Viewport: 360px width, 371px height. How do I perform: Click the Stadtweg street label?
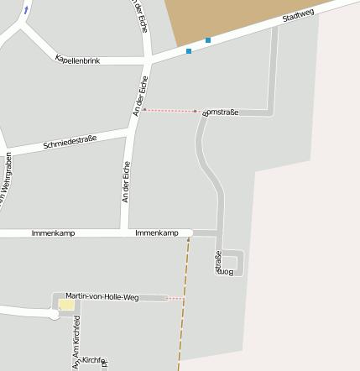pos(298,17)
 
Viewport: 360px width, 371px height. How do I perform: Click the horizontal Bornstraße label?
pos(222,111)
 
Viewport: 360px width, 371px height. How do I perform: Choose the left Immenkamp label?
pos(53,233)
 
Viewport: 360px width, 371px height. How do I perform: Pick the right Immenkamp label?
pos(157,233)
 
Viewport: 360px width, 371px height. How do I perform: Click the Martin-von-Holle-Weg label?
pos(102,297)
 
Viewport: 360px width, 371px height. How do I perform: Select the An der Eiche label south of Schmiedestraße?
pos(127,182)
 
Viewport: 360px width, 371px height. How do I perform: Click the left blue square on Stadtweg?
pos(189,51)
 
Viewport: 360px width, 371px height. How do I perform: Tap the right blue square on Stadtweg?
pos(208,40)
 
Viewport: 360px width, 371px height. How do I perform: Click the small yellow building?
pos(65,306)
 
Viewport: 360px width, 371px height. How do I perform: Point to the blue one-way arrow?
pos(26,10)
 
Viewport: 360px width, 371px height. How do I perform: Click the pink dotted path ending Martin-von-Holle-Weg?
pos(175,298)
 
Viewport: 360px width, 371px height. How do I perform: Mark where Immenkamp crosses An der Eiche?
pos(125,233)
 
